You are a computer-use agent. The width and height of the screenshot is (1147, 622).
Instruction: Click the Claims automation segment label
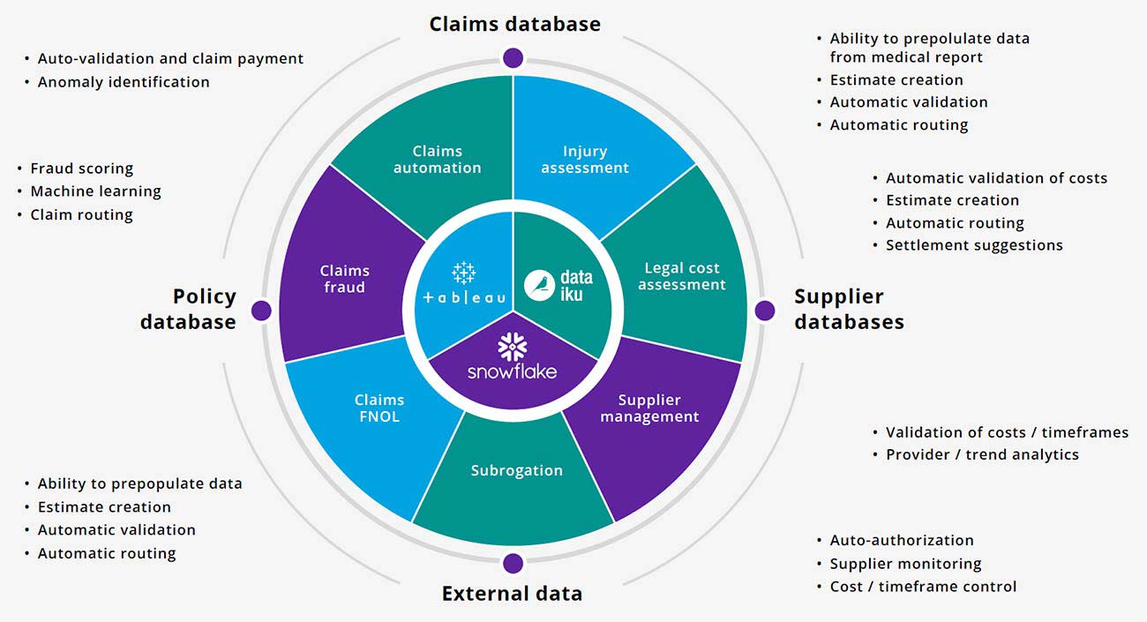[437, 159]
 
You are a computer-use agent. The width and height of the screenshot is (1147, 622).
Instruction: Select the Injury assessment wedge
[585, 159]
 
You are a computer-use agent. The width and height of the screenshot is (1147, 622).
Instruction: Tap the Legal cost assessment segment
[681, 276]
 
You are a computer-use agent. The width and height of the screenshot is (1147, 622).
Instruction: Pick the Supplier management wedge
[649, 408]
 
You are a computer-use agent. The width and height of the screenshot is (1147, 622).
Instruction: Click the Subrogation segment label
[516, 470]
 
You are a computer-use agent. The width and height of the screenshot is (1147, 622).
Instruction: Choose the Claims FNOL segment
[379, 408]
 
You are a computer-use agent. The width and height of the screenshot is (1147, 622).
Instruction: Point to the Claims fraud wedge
[344, 279]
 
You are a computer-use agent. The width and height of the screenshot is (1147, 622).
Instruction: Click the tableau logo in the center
[464, 285]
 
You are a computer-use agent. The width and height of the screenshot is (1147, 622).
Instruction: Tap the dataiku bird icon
[538, 285]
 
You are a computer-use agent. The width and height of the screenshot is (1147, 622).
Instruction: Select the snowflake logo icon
[512, 347]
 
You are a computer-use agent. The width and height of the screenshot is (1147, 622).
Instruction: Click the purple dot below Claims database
[513, 58]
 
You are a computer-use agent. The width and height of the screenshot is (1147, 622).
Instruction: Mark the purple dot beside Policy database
[260, 311]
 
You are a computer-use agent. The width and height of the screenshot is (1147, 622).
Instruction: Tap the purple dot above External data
[513, 563]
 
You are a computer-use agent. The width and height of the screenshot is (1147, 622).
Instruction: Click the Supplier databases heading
[848, 309]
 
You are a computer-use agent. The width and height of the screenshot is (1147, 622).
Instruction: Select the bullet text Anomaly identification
[123, 82]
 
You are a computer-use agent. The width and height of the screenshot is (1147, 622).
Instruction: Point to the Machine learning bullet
[95, 191]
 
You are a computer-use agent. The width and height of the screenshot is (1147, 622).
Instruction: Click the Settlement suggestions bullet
[974, 245]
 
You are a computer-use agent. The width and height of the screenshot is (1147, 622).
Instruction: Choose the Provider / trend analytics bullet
[982, 455]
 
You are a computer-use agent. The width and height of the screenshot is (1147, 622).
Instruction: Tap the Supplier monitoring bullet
[905, 564]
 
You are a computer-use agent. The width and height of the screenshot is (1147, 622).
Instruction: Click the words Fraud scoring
[81, 169]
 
